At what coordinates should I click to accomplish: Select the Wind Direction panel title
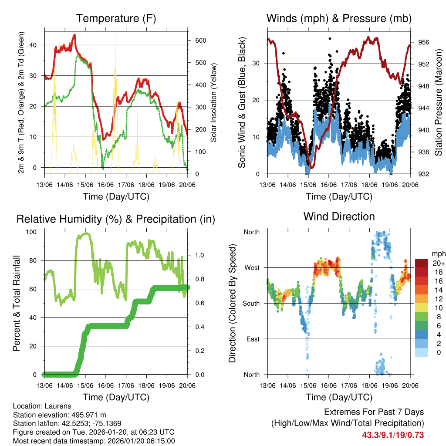tap(339, 216)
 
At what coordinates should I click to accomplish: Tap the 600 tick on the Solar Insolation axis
tap(200, 40)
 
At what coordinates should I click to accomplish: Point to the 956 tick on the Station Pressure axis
tap(424, 42)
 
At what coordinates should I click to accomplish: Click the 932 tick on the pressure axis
tap(424, 174)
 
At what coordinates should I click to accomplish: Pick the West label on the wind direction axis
tap(252, 267)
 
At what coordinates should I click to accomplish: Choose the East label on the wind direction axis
tap(253, 339)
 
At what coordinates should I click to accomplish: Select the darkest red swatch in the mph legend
tap(421, 263)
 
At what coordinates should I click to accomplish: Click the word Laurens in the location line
tap(57, 406)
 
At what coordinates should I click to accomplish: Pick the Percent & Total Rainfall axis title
tap(17, 303)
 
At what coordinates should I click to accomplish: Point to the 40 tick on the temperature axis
tap(35, 45)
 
